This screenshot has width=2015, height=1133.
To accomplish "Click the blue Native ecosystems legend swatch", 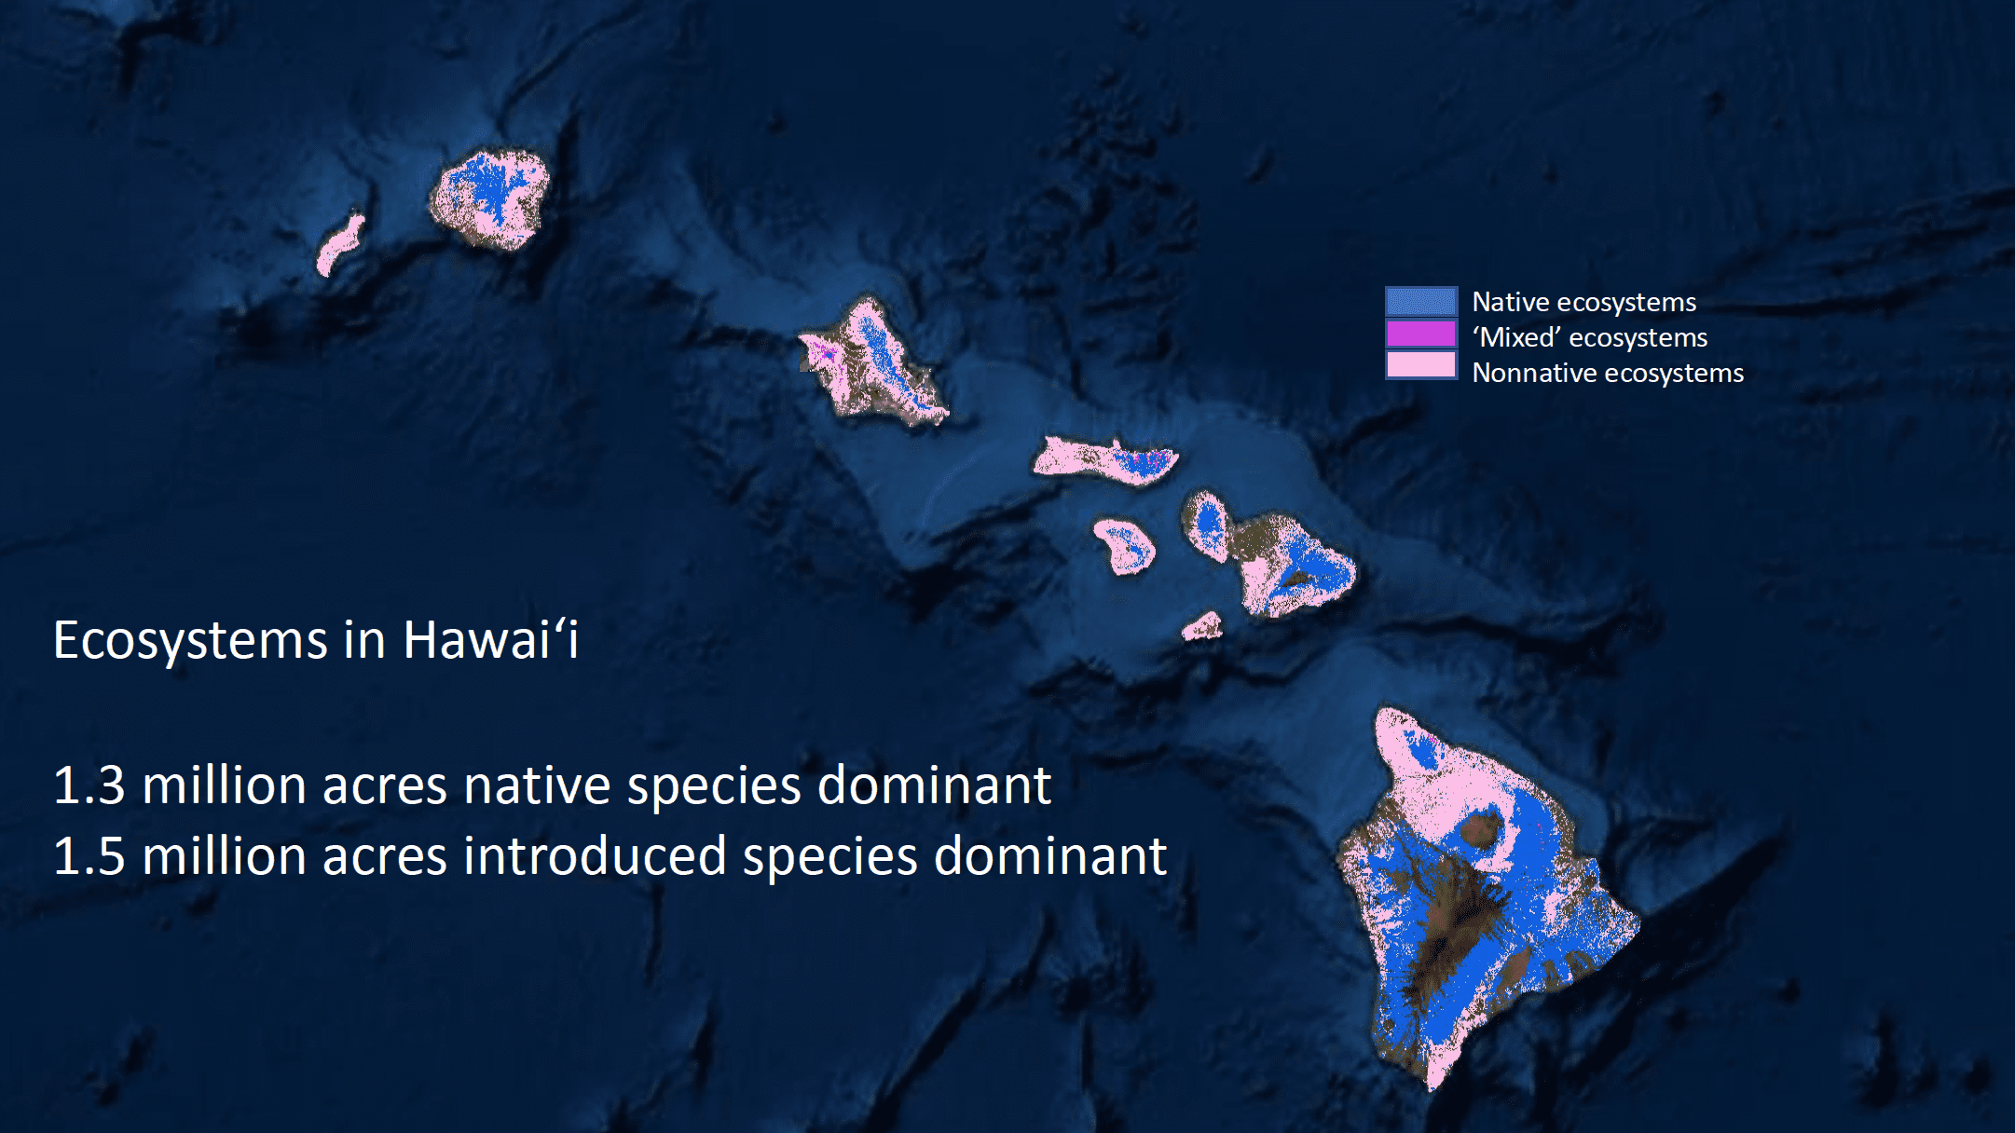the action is point(1421,301).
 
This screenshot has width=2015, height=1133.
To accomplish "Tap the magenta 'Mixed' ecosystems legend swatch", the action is point(1421,334).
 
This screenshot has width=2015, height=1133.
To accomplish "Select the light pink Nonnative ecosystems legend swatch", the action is point(1421,364).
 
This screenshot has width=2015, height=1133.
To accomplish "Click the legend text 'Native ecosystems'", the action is point(1584,303).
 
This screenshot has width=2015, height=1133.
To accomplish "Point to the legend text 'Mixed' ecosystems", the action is point(1590,337).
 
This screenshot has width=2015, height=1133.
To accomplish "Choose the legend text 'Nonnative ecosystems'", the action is point(1608,373).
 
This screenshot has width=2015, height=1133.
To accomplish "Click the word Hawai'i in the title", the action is point(491,640).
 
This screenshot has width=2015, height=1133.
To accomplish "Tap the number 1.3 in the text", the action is point(89,785).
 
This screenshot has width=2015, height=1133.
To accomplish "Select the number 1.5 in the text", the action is point(89,856).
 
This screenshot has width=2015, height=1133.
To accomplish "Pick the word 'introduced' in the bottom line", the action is point(595,855).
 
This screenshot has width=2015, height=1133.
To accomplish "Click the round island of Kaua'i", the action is point(490,199).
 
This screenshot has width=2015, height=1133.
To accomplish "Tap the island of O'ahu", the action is point(873,364).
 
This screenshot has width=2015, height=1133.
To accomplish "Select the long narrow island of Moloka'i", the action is point(1105,459).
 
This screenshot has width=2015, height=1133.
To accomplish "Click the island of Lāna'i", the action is point(1125,546).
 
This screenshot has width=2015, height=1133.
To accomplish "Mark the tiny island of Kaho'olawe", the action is point(1202,626).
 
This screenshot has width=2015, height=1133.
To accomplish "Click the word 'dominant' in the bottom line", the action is point(1050,855).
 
